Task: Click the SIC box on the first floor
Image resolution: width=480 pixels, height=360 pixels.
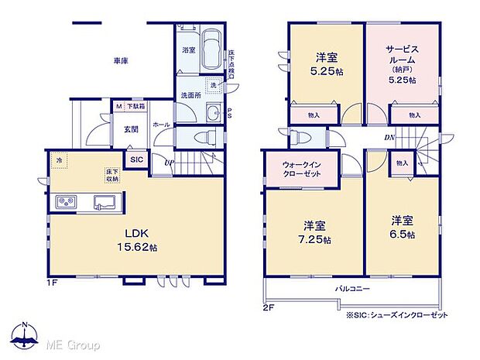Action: [x=136, y=159]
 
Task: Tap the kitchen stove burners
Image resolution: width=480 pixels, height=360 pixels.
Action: [x=64, y=203]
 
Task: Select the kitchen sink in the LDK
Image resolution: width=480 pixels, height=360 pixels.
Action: [x=104, y=203]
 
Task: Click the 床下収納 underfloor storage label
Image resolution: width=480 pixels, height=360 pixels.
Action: [x=112, y=176]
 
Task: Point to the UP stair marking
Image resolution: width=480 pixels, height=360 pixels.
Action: [x=168, y=163]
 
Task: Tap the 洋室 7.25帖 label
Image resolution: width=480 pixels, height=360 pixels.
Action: [x=314, y=233]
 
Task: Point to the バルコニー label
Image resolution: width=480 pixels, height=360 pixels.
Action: [x=352, y=288]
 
